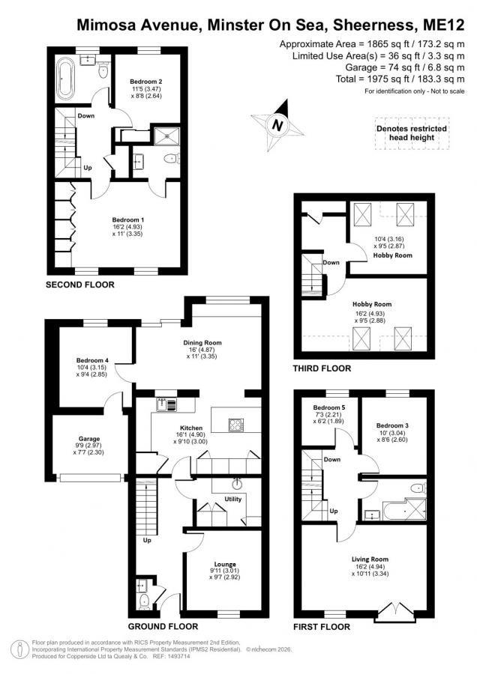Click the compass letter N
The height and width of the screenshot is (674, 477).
pos(278,126)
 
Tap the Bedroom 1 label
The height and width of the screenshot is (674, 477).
pos(124,219)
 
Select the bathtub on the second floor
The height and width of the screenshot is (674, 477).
pos(67,79)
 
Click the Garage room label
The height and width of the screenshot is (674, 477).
pos(88,439)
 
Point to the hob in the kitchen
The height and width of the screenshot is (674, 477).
pos(236,425)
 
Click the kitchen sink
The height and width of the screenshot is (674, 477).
pos(166,405)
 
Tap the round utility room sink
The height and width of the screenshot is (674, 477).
pos(236,485)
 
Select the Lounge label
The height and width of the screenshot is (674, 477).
pos(225,564)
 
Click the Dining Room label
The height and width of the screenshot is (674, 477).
pos(202,342)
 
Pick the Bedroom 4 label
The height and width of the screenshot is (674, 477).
pos(92,360)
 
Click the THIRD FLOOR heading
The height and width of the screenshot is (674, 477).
pos(322,368)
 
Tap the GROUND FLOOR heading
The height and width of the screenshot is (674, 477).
pos(163,626)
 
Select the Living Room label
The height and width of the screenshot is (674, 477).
pos(370,559)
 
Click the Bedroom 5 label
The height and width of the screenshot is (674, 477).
pos(329,407)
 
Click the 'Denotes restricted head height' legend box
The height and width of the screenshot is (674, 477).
pos(412,133)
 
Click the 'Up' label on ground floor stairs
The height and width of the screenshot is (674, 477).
pos(147,540)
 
